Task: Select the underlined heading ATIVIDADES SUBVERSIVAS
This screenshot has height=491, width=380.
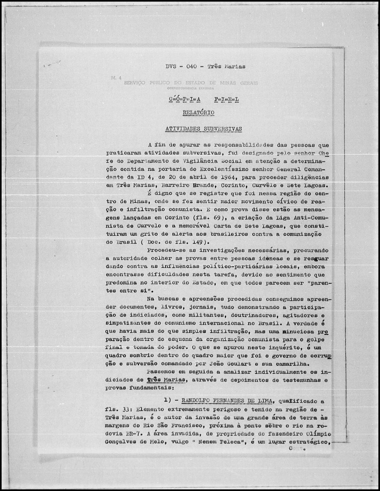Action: point(204,129)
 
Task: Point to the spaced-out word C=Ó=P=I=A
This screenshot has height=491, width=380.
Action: point(184,99)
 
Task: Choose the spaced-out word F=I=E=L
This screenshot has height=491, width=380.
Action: point(227,99)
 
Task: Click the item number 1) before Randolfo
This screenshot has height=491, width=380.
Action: point(168,401)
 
